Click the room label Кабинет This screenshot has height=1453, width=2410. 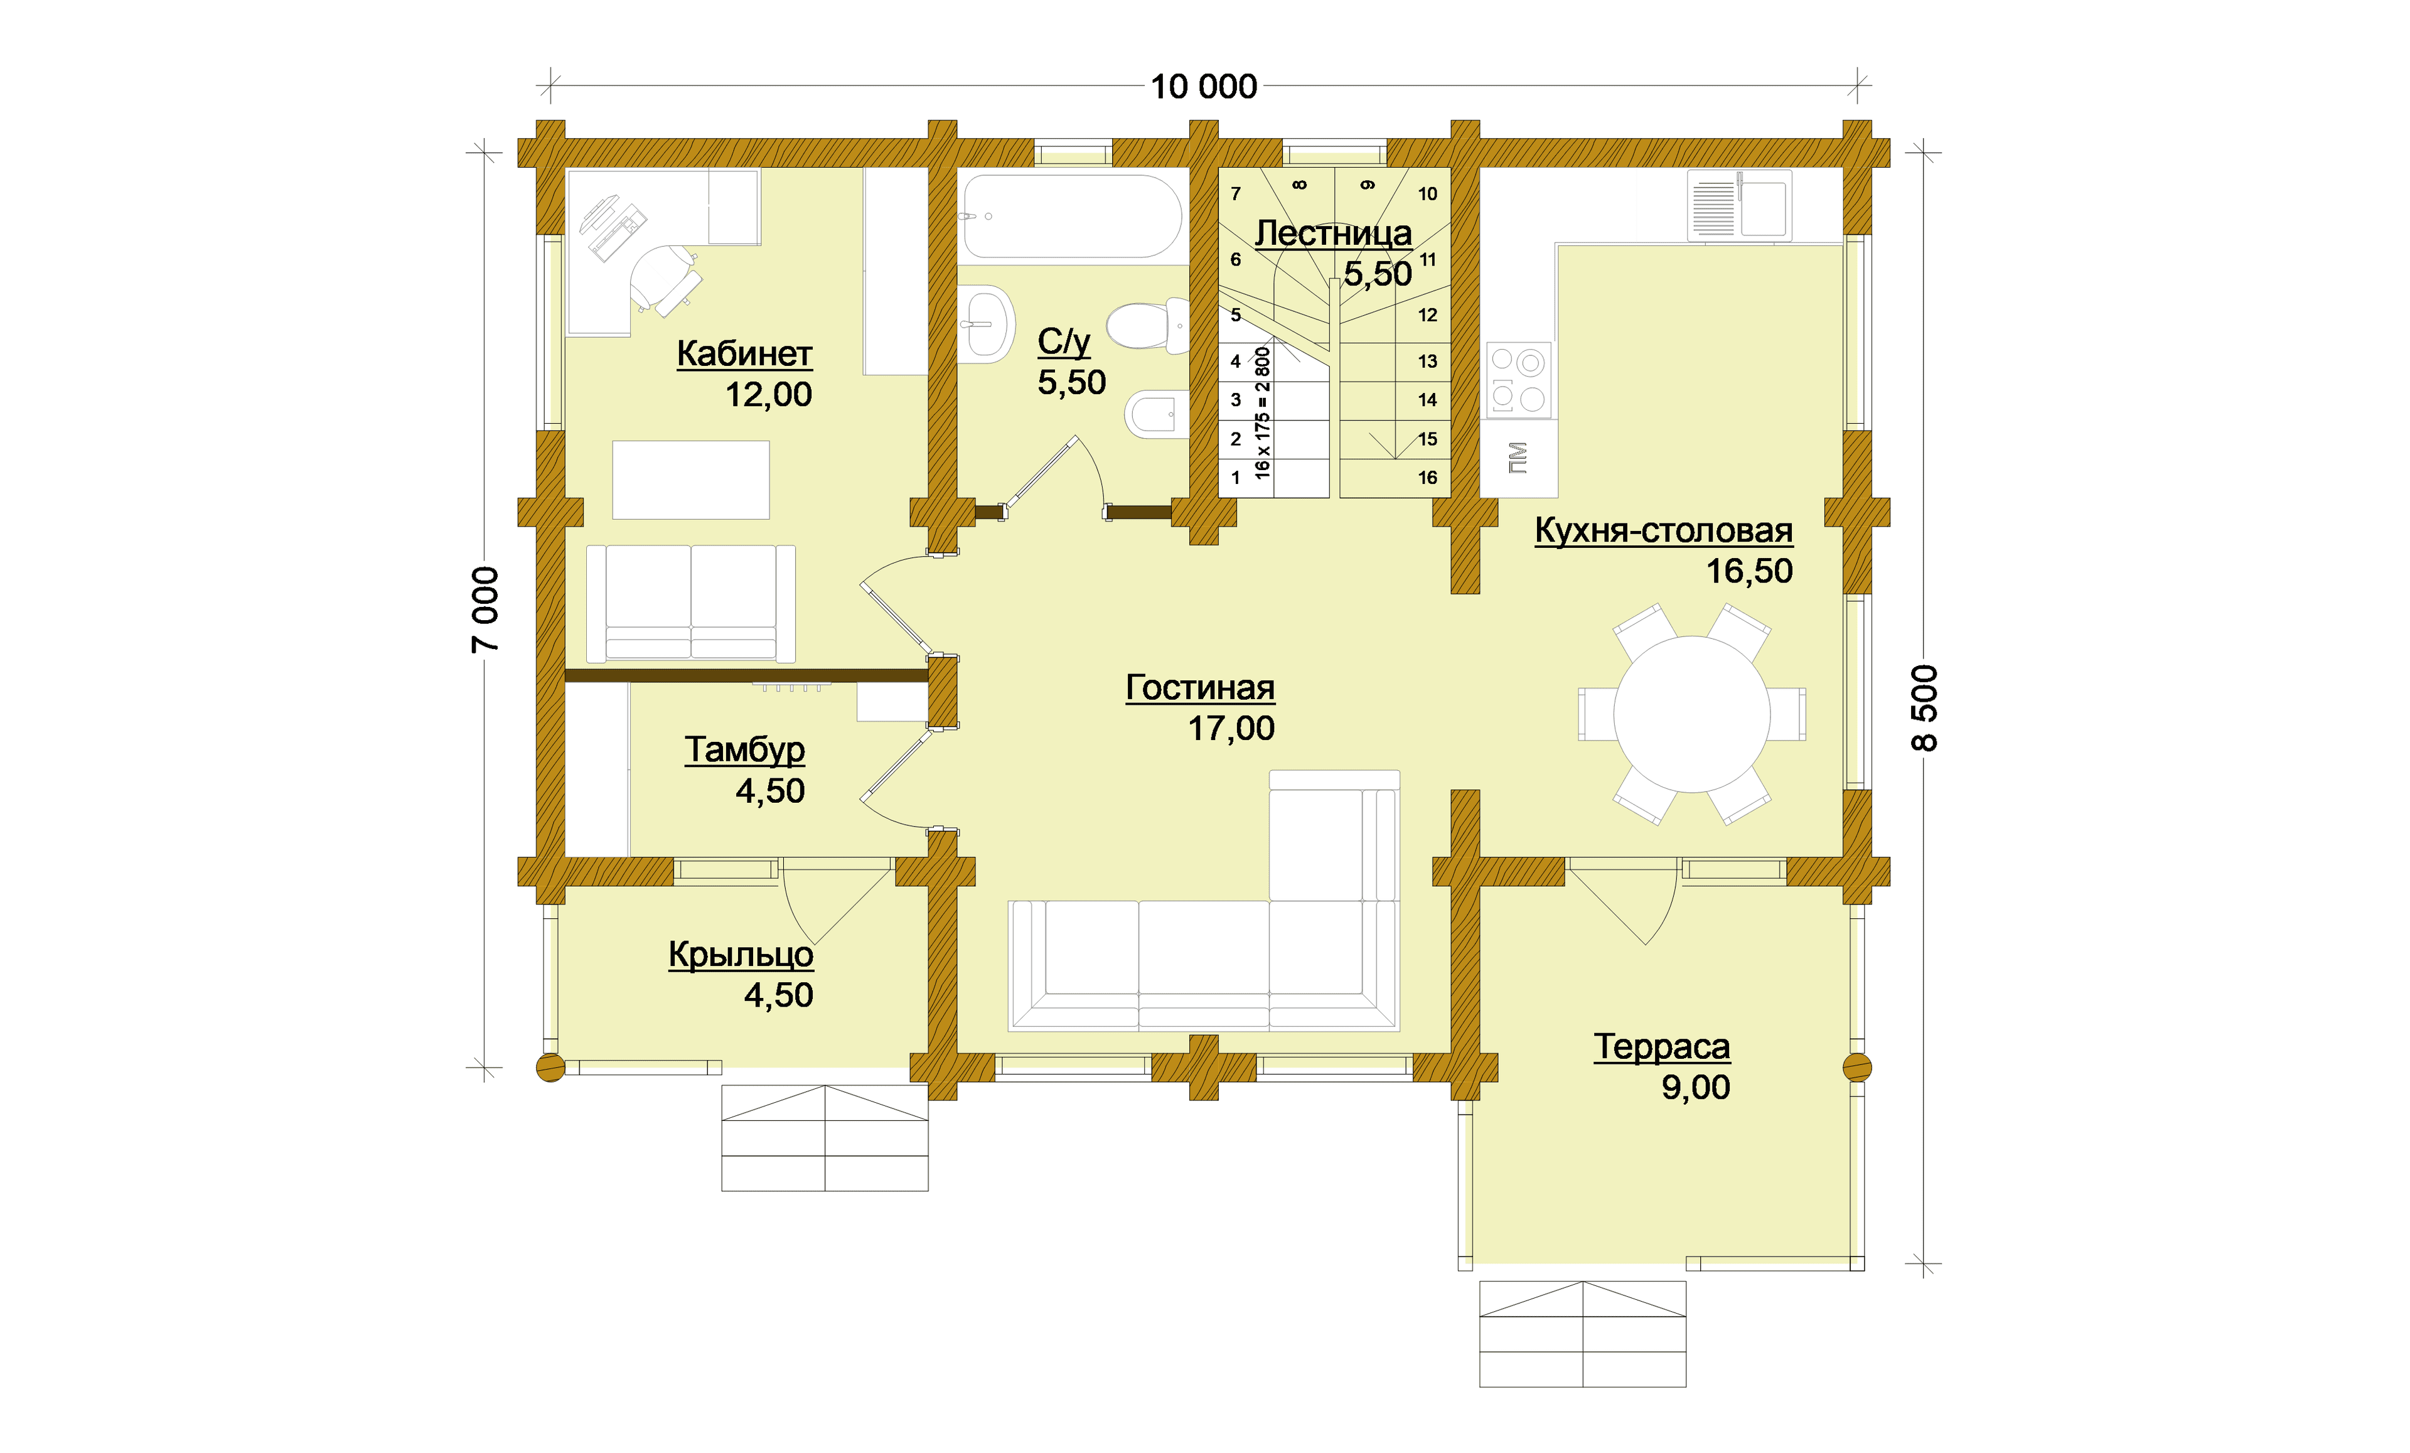pyautogui.click(x=744, y=353)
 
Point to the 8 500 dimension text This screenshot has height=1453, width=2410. pyautogui.click(x=1924, y=707)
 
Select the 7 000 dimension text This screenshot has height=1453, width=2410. pyautogui.click(x=485, y=609)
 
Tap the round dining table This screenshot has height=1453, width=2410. pyautogui.click(x=1691, y=714)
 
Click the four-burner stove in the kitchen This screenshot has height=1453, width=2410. pyautogui.click(x=1518, y=380)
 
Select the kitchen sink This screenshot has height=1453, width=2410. pyautogui.click(x=1739, y=205)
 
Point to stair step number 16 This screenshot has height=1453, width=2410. pyautogui.click(x=1427, y=478)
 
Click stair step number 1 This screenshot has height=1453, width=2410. pyautogui.click(x=1235, y=478)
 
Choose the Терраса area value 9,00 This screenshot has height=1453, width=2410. pyautogui.click(x=1695, y=1087)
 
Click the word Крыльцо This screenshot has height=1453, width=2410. pyautogui.click(x=741, y=954)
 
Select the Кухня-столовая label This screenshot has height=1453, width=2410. pyautogui.click(x=1664, y=530)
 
